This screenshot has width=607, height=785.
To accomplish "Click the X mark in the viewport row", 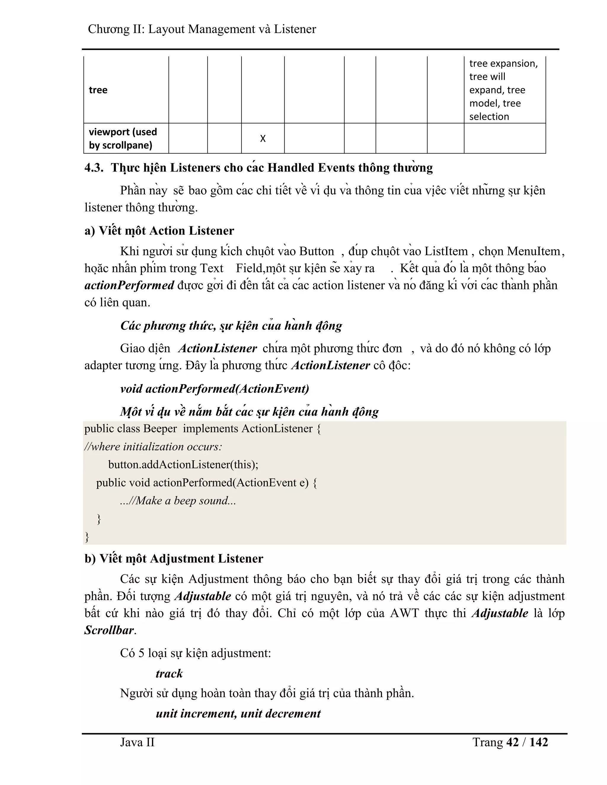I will coord(263,139).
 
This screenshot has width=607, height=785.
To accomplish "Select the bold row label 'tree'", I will coord(98,90).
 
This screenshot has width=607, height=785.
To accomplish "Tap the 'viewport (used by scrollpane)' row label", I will coord(123,138).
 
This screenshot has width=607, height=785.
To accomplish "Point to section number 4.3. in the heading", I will coord(94,168).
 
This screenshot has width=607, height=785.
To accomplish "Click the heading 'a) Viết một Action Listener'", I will coord(159,231).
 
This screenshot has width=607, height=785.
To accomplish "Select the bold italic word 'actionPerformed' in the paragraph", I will coord(129,285).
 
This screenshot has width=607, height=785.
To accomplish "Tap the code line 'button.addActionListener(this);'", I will coord(183,465).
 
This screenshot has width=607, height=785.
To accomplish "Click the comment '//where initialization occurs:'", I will coord(153,447).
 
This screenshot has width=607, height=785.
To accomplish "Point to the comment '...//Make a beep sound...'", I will coord(178,501).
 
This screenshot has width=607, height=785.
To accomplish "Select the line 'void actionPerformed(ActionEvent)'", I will coord(215,389).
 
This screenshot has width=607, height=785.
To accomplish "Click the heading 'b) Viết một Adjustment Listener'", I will coord(174,559).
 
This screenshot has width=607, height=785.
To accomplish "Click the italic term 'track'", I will coord(169,674).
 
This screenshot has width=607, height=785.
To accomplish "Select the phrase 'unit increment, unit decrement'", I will coord(238,714).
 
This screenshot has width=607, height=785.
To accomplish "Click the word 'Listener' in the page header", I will coord(295,29).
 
